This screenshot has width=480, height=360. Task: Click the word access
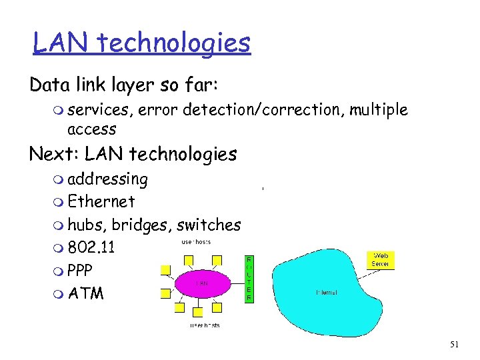pyautogui.click(x=92, y=129)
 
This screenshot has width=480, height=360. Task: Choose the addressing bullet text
pyautogui.click(x=107, y=179)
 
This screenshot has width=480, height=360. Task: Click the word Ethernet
pyautogui.click(x=101, y=201)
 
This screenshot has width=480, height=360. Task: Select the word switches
pyautogui.click(x=209, y=225)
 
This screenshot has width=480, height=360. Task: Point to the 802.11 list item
pyautogui.click(x=91, y=248)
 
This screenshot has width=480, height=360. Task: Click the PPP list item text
pyautogui.click(x=80, y=271)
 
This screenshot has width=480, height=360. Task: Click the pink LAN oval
pyautogui.click(x=203, y=283)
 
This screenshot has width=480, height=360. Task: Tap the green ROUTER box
pyautogui.click(x=249, y=279)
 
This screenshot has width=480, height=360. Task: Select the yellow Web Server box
pyautogui.click(x=381, y=259)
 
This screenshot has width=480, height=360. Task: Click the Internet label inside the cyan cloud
pyautogui.click(x=327, y=292)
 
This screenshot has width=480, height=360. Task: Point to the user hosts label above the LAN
pyautogui.click(x=197, y=241)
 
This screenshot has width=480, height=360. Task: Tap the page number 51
pyautogui.click(x=455, y=344)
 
